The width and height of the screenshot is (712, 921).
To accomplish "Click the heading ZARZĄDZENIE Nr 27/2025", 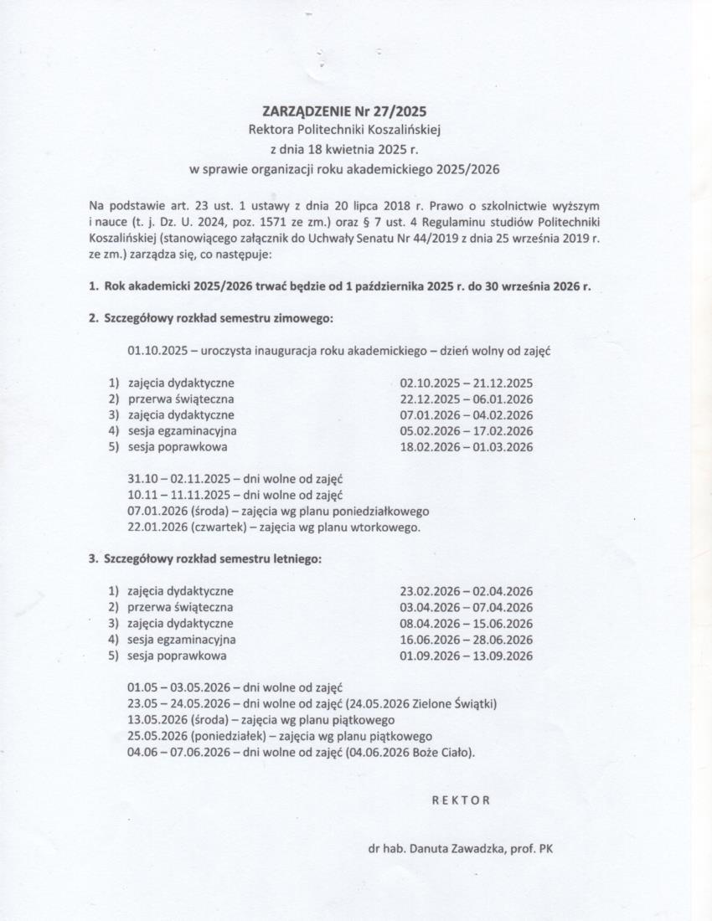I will coord(344,111).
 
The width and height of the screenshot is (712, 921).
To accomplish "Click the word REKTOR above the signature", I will coord(461,800).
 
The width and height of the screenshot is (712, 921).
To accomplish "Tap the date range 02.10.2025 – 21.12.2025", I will coord(467,383).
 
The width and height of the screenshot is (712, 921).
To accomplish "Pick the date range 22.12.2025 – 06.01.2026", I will coord(467,399).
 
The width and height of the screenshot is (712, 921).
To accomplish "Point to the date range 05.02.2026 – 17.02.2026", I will coord(467,430).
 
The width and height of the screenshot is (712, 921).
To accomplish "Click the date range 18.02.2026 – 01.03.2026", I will coord(467,446).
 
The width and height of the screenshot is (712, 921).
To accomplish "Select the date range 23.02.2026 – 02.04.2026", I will coord(467,591).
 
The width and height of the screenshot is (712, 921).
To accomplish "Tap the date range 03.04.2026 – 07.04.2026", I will coord(467,607).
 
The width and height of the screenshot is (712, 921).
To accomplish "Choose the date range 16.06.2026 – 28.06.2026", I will coord(467,640).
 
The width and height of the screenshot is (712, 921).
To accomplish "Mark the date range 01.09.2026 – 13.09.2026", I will coord(467,656).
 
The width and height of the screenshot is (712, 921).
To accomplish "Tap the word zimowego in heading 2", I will coord(307,319).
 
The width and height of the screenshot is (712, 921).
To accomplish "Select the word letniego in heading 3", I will coord(298,558).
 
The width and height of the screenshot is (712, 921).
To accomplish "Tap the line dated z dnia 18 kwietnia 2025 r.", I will coord(343,149).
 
